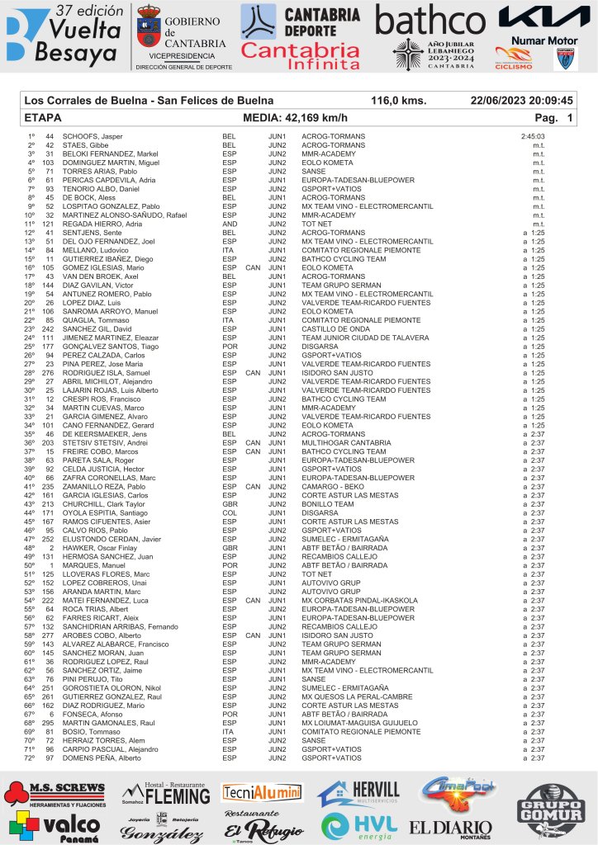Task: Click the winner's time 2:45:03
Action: click(533, 136)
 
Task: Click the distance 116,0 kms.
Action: click(398, 100)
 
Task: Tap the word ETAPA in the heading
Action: click(44, 117)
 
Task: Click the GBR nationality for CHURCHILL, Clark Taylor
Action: click(230, 504)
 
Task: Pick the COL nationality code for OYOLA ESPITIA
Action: click(230, 513)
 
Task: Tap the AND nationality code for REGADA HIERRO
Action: click(230, 224)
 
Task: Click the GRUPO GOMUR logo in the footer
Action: click(549, 808)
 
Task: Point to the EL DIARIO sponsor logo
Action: click(450, 827)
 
